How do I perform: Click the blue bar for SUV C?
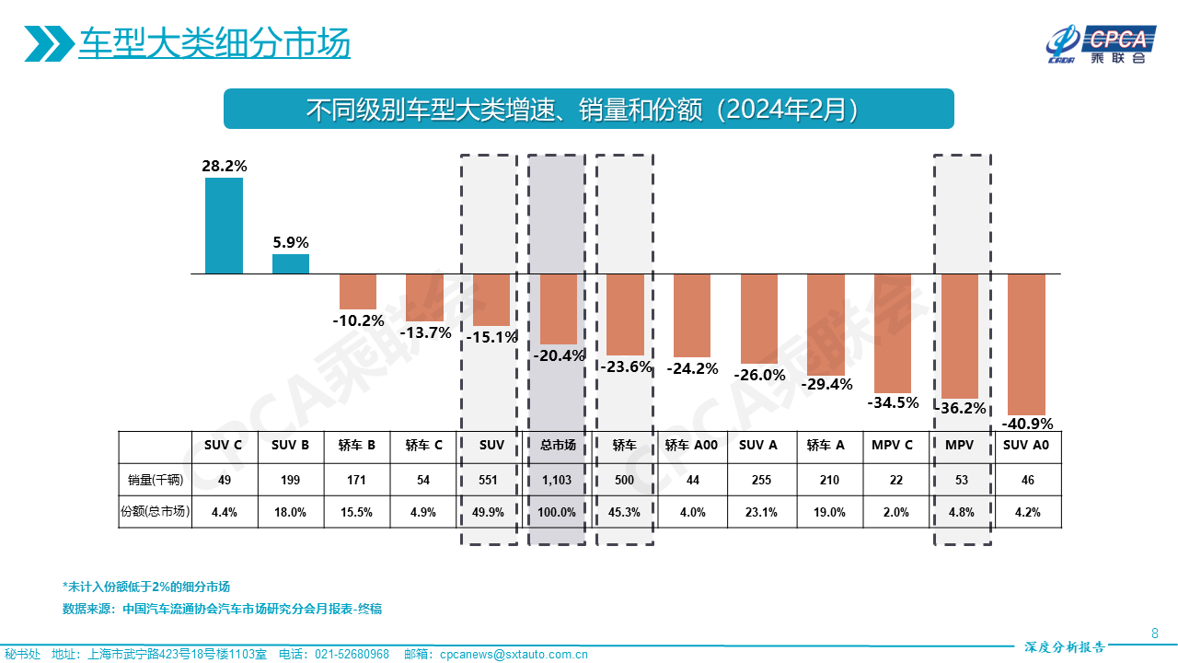[224, 226]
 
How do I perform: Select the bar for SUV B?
[291, 264]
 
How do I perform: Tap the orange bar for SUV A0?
[1027, 344]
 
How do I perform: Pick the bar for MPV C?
[893, 333]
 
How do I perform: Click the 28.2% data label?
[224, 167]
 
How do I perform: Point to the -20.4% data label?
[559, 355]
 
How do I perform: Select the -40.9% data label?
[1027, 425]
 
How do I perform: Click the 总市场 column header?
[558, 446]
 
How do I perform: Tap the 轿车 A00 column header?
[691, 446]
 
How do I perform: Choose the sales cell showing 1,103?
[558, 480]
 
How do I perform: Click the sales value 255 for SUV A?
[758, 480]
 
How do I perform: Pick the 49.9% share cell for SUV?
[491, 513]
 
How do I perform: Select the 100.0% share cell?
[558, 513]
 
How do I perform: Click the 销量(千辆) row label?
[156, 480]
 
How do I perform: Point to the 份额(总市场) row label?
[156, 513]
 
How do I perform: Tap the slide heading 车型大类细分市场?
[214, 44]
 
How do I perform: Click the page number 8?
[1155, 633]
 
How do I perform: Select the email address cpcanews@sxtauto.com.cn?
[514, 655]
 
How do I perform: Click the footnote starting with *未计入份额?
[145, 587]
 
